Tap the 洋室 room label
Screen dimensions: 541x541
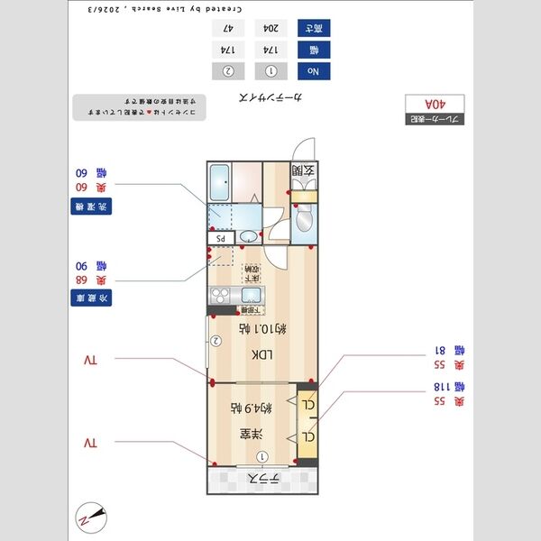[245, 435]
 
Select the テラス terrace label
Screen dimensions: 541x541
[263, 479]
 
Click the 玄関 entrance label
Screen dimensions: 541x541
[303, 170]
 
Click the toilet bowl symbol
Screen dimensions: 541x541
[303, 216]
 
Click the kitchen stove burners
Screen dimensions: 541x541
[219, 295]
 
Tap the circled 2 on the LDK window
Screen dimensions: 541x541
[216, 341]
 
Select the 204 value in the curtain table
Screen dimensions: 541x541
[269, 29]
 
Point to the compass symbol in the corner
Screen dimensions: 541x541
[92, 517]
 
